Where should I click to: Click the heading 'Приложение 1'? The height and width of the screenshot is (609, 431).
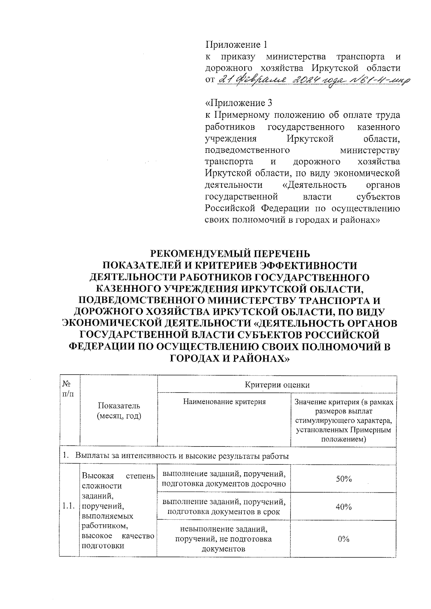click(236, 45)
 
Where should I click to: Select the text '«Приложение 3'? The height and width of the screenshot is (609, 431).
click(238, 103)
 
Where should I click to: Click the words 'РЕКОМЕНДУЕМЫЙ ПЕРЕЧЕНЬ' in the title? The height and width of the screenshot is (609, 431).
click(230, 254)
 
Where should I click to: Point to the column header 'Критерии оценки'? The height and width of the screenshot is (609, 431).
click(277, 385)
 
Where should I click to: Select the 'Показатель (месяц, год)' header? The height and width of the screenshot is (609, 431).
click(119, 411)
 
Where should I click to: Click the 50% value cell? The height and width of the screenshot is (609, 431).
click(343, 479)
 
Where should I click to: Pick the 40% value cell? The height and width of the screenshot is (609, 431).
click(343, 507)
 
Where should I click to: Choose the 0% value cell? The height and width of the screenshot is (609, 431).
click(343, 539)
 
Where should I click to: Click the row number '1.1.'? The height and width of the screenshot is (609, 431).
click(68, 506)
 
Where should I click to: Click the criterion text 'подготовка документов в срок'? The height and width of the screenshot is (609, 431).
click(224, 512)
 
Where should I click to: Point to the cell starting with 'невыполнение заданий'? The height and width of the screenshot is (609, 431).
click(223, 539)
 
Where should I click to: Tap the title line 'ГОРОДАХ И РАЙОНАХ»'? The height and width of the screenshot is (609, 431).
click(230, 358)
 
